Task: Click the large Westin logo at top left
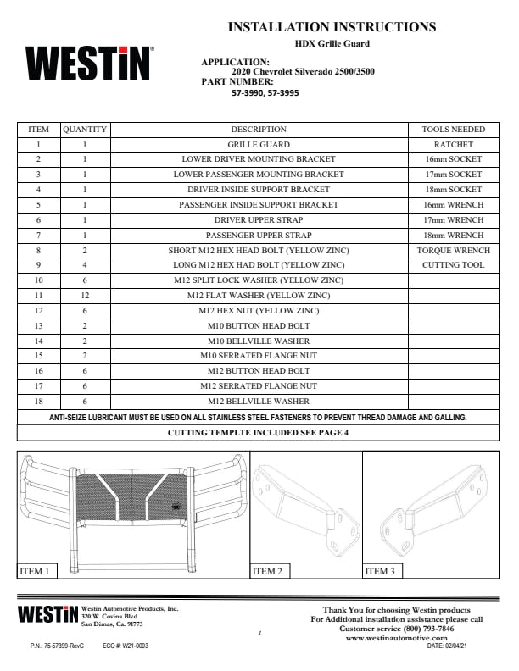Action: pos(90,64)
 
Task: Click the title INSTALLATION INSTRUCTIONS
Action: pos(332,27)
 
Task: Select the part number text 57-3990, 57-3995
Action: pos(265,92)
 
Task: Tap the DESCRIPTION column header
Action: pos(259,130)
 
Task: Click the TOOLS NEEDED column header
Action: pos(453,130)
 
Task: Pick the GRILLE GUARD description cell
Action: pos(259,145)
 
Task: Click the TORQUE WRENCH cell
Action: pos(453,251)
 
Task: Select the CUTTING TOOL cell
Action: pos(453,265)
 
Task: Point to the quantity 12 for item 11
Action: pos(84,296)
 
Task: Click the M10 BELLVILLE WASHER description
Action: pos(259,341)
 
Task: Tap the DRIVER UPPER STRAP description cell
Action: pos(259,220)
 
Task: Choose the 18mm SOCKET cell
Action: pos(453,190)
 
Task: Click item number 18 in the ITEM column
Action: pos(38,401)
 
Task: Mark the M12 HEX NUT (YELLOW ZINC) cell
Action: pos(259,311)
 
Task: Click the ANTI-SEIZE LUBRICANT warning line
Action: pos(259,418)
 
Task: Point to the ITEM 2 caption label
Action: pos(267,572)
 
